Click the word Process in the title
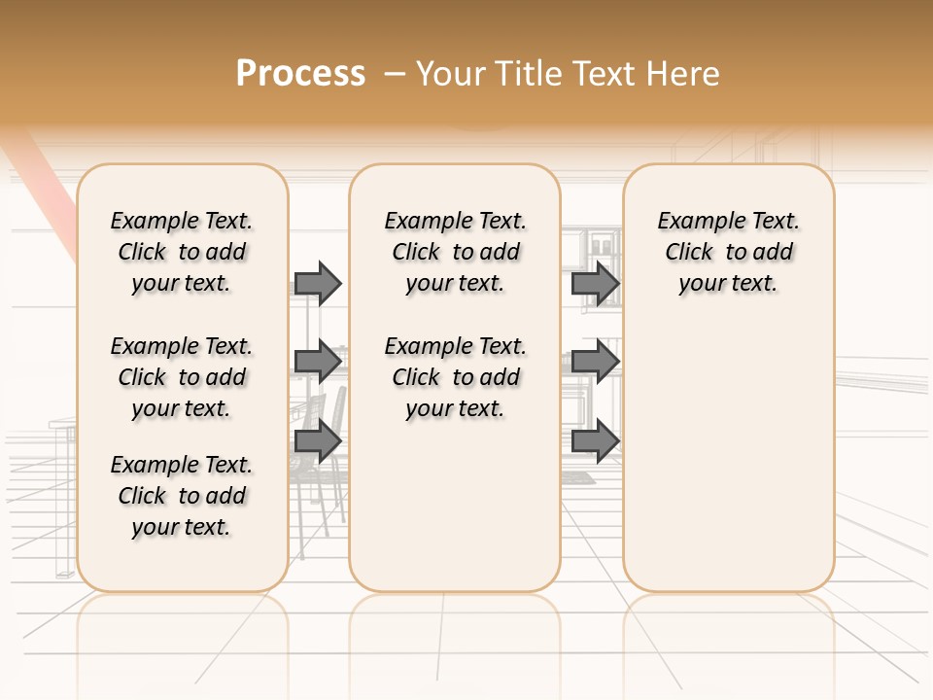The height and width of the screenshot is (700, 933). (300, 74)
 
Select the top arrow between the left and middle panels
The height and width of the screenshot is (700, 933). (318, 283)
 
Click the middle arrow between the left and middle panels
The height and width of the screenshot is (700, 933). (318, 363)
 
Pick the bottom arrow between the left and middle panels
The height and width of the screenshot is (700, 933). (318, 441)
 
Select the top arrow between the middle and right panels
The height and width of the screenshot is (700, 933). (595, 283)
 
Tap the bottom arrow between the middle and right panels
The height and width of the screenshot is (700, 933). (595, 441)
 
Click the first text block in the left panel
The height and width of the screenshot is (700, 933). (182, 252)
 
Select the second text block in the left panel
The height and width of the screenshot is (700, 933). (182, 377)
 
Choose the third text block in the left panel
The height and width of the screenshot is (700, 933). (182, 496)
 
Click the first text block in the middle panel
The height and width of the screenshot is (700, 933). (456, 252)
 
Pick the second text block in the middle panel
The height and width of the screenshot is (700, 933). (456, 377)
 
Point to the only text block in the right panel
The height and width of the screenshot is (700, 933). (728, 252)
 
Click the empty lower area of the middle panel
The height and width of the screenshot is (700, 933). (455, 506)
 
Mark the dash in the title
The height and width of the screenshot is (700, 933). (395, 74)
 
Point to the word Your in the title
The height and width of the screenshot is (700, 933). (451, 74)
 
